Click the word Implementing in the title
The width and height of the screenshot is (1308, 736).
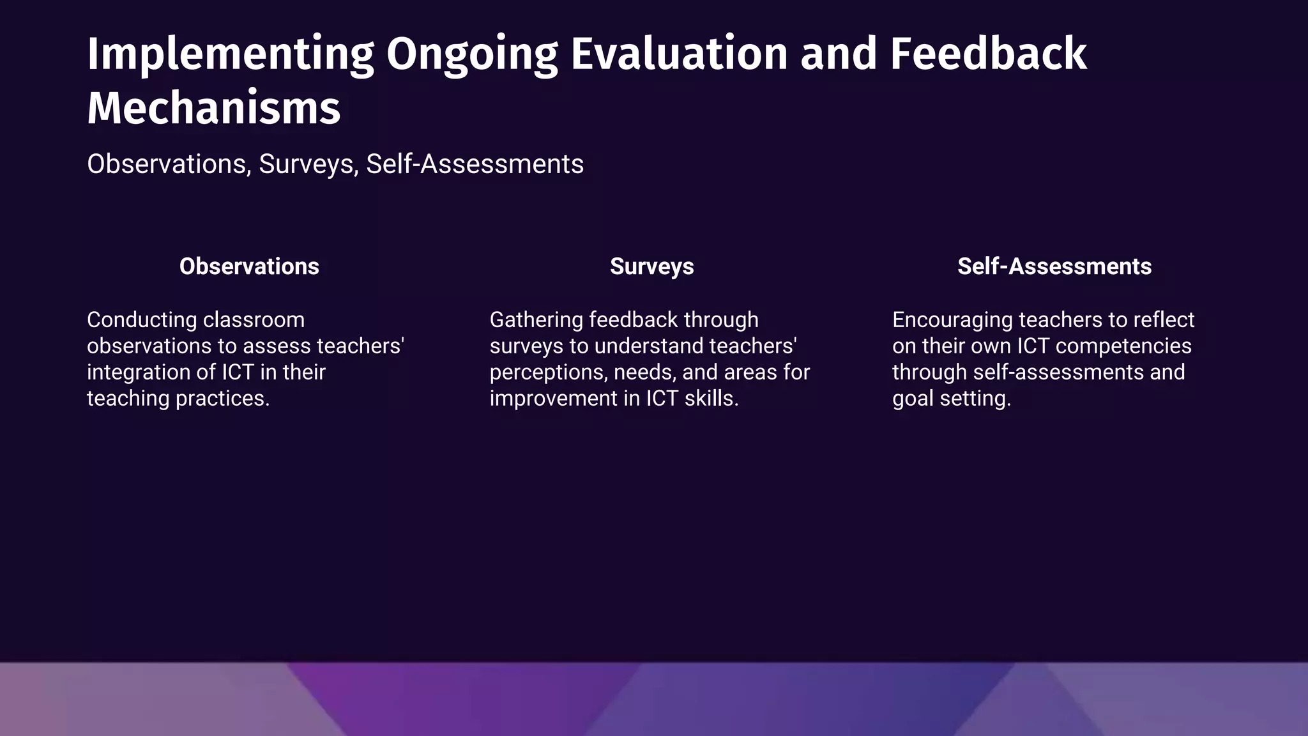point(231,54)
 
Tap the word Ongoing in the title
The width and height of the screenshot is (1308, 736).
point(472,54)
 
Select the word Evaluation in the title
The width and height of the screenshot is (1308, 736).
point(679,54)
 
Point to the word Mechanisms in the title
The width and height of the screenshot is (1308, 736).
point(213,109)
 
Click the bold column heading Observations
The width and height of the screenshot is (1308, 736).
point(249,266)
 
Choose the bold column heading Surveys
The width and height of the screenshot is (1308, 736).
point(651,266)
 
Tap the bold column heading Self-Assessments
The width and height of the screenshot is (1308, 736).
point(1054,266)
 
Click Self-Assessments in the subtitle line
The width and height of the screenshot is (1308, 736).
point(475,164)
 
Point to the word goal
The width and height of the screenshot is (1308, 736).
point(912,399)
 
